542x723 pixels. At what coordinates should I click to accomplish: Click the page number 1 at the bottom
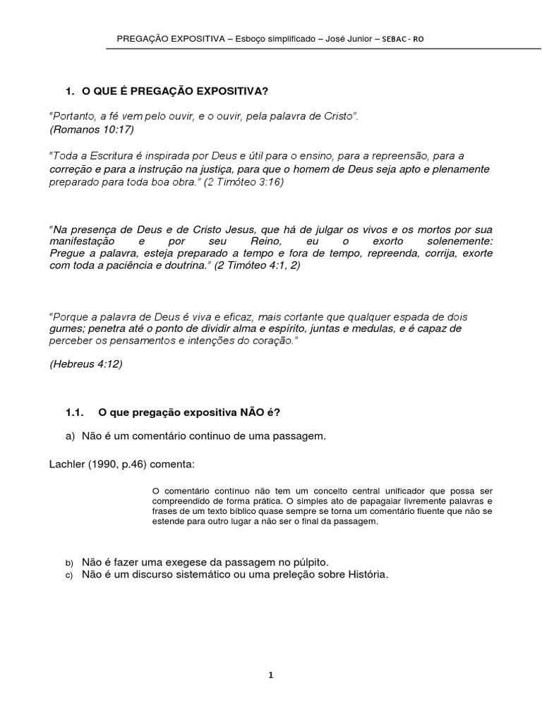point(271,675)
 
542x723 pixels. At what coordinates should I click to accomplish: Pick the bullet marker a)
point(70,436)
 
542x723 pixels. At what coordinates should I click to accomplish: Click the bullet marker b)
point(70,563)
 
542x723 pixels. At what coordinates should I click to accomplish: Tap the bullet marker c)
point(70,575)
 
